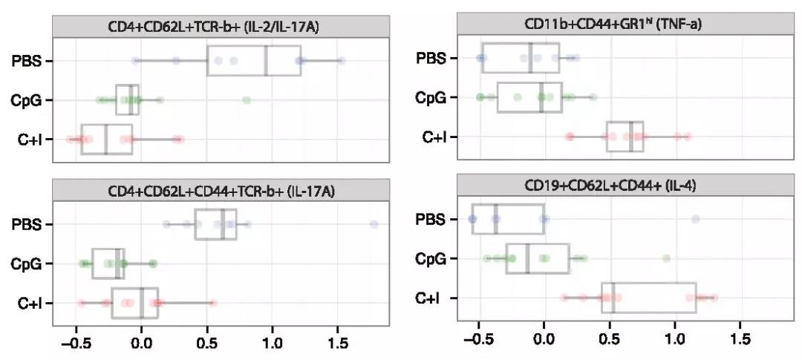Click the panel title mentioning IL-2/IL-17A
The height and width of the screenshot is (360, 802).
[221, 27]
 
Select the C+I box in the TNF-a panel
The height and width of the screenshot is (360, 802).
[625, 137]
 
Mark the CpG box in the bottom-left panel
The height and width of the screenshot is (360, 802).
[108, 264]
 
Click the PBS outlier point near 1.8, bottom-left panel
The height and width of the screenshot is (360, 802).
[374, 224]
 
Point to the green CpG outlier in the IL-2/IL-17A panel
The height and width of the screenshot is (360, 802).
[247, 100]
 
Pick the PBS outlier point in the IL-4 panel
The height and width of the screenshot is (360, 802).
[695, 219]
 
